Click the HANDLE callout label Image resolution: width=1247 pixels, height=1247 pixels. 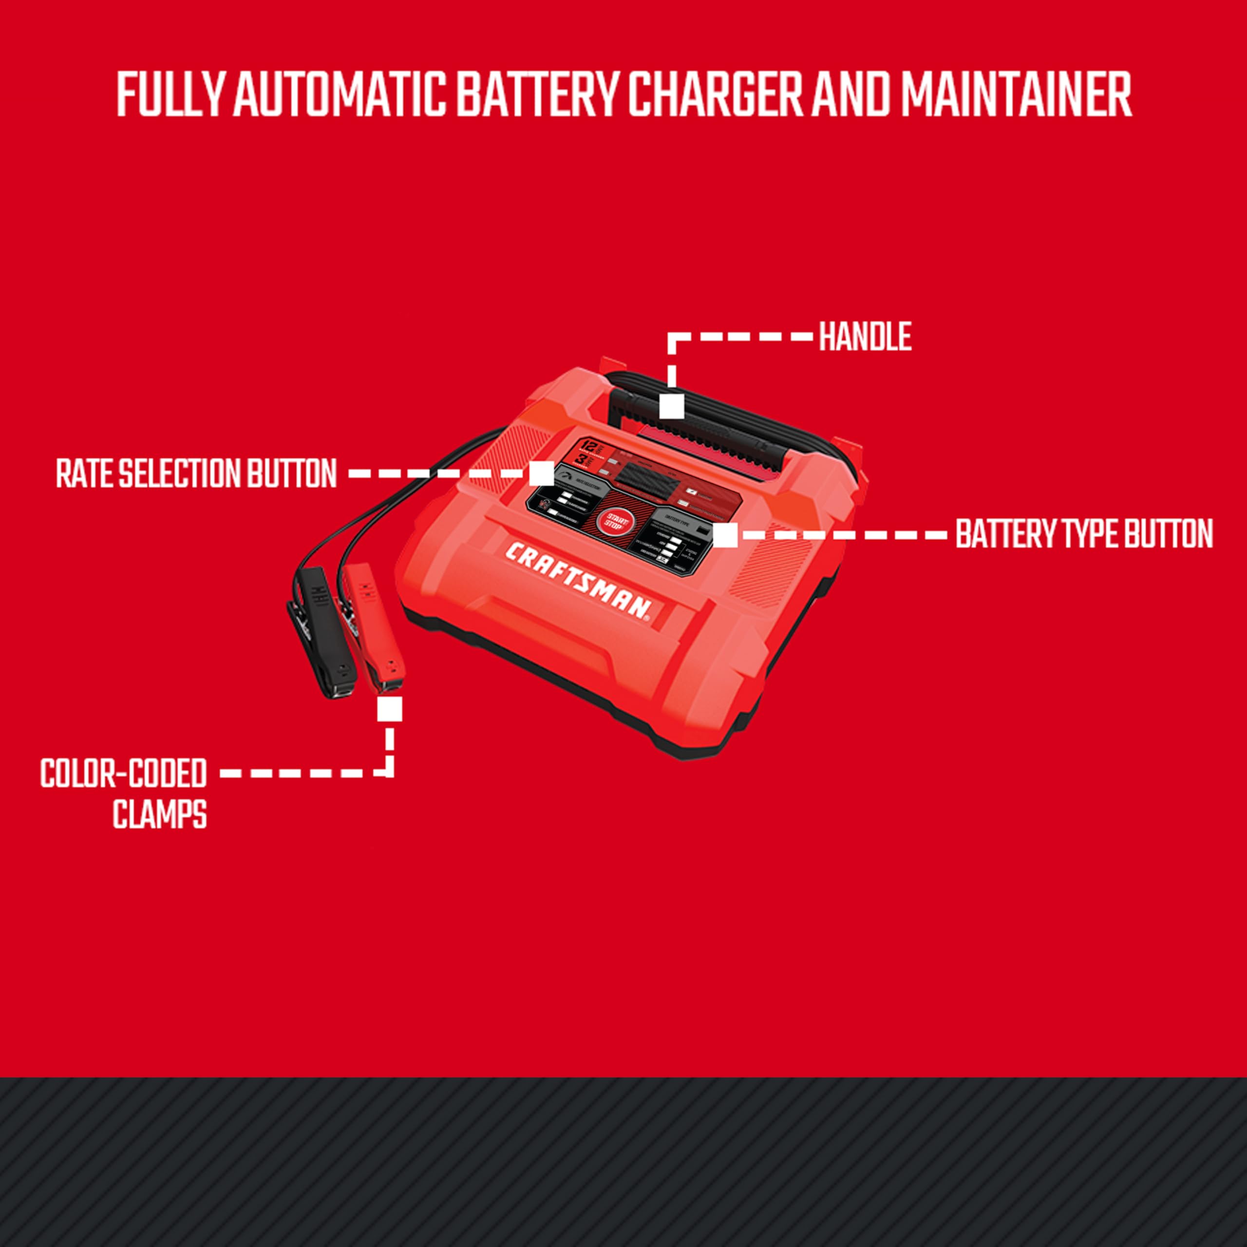(x=865, y=337)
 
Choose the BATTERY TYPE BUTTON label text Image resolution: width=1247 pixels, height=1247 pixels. (x=1084, y=534)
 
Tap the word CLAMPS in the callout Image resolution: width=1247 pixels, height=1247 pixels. (x=159, y=814)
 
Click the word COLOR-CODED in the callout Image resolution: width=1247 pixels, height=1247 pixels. (x=123, y=773)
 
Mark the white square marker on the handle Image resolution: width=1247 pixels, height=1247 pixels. (x=672, y=406)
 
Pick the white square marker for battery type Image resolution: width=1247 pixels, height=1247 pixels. (x=725, y=535)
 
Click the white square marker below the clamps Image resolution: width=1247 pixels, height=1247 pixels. (x=389, y=709)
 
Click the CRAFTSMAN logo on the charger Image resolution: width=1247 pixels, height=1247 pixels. (x=577, y=582)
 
